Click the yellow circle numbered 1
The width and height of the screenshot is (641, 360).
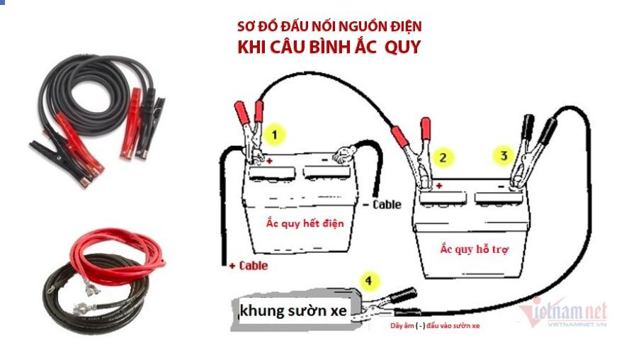(x=274, y=135)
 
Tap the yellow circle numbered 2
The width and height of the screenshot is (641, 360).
(x=443, y=157)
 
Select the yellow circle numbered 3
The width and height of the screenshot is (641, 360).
(x=504, y=155)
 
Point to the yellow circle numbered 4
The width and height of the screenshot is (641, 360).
(x=369, y=281)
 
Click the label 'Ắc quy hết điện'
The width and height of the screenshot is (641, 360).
(x=305, y=223)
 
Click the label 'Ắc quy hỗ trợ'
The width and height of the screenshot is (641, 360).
(x=475, y=249)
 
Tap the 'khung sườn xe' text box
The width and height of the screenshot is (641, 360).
(x=293, y=311)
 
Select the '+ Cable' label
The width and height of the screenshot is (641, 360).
(x=249, y=266)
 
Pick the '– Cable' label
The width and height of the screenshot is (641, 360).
(x=382, y=205)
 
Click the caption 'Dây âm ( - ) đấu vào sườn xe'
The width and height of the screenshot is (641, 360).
(x=435, y=326)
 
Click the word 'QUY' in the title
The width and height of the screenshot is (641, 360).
(x=403, y=47)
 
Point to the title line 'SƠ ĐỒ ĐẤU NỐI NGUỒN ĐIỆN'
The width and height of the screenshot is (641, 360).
(x=329, y=27)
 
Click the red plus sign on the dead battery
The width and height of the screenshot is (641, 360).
(x=269, y=161)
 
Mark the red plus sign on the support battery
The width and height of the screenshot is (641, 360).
(x=439, y=186)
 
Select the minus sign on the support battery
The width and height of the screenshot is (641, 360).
(x=501, y=186)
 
